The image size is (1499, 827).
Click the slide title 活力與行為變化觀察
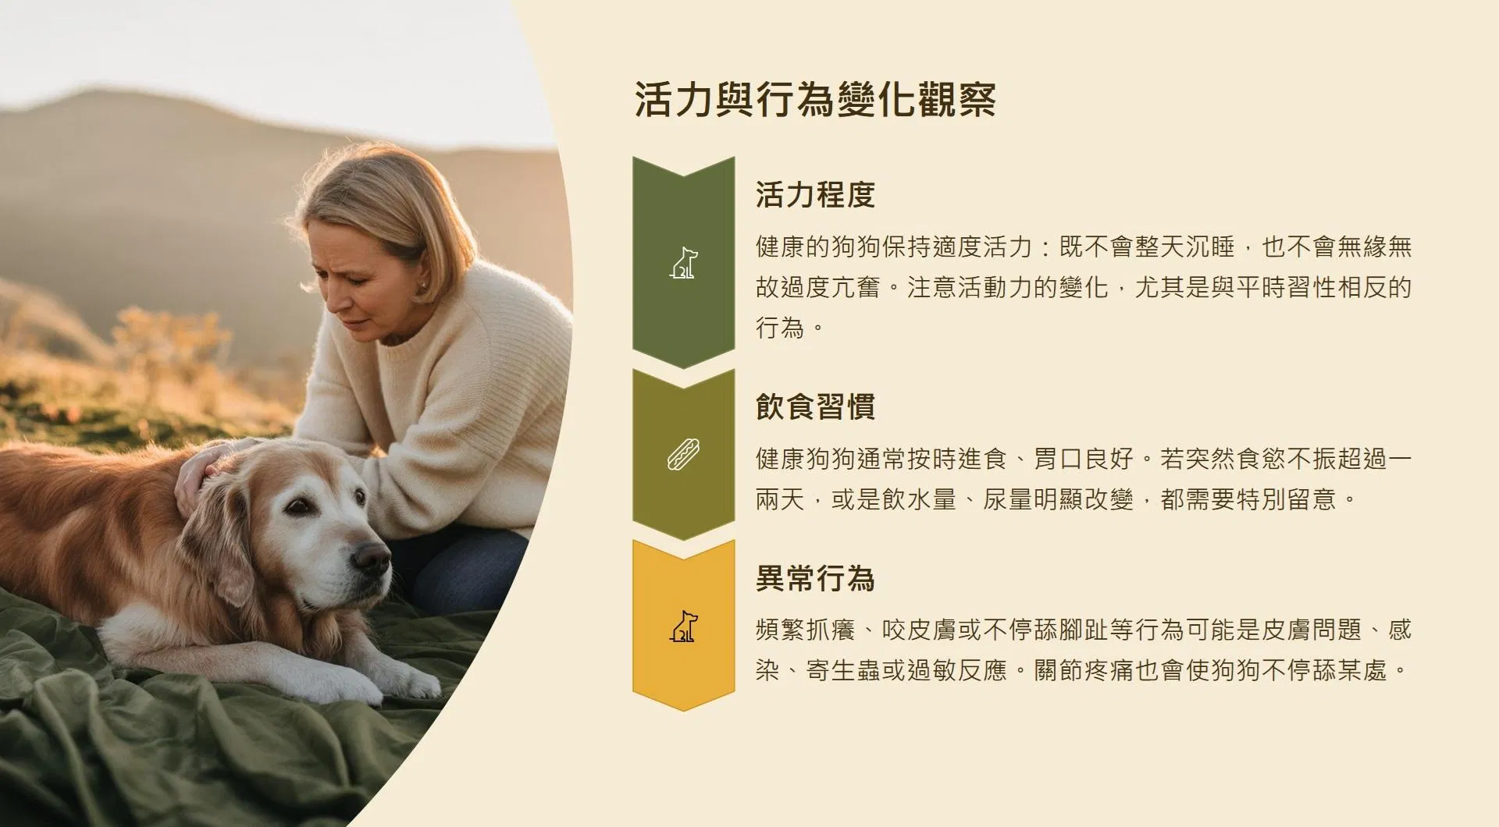point(815,100)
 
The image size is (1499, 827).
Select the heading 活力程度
point(815,194)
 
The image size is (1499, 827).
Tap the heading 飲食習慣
point(815,406)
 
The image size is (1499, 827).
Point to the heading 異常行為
point(815,578)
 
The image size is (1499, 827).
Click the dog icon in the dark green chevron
point(684,263)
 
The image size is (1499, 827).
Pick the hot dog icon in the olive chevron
point(684,455)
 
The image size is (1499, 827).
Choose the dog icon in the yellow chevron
point(684,626)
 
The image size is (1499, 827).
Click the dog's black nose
point(371,557)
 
